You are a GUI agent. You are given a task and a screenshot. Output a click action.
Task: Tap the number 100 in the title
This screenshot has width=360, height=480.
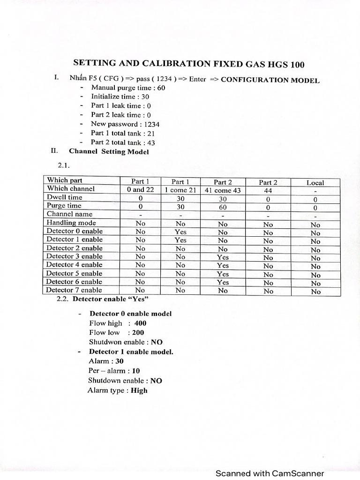click(x=297, y=65)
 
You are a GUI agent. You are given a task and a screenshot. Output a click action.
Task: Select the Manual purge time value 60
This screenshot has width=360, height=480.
click(x=161, y=88)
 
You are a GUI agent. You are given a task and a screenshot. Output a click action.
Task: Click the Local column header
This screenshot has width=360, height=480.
click(x=315, y=183)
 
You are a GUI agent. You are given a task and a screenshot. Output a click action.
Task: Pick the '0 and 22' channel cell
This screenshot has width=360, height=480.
click(x=140, y=189)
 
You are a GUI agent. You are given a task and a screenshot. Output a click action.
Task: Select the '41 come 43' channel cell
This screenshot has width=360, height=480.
click(x=223, y=191)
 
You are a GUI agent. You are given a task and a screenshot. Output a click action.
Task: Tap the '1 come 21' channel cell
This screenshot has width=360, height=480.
click(x=180, y=190)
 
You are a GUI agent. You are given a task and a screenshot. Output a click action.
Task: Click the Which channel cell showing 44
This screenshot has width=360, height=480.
click(x=268, y=191)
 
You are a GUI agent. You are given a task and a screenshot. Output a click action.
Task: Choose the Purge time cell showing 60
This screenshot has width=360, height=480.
click(x=223, y=207)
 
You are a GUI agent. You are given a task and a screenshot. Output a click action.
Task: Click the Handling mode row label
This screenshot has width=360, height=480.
click(x=71, y=223)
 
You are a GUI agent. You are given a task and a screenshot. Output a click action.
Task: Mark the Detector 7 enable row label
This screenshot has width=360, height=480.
click(x=74, y=290)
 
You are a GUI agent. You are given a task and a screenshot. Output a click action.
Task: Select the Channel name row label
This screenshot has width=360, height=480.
click(x=70, y=214)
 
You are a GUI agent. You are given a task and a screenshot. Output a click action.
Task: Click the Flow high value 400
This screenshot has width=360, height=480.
click(x=140, y=323)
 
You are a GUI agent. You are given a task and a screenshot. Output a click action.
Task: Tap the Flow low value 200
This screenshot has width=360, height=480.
click(x=138, y=333)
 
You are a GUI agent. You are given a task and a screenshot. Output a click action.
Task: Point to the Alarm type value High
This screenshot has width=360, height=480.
click(x=139, y=390)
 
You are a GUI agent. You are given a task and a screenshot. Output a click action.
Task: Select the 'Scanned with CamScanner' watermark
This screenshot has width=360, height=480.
click(x=270, y=473)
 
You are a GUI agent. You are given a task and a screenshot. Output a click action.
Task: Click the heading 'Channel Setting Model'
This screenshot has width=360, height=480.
click(x=109, y=151)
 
